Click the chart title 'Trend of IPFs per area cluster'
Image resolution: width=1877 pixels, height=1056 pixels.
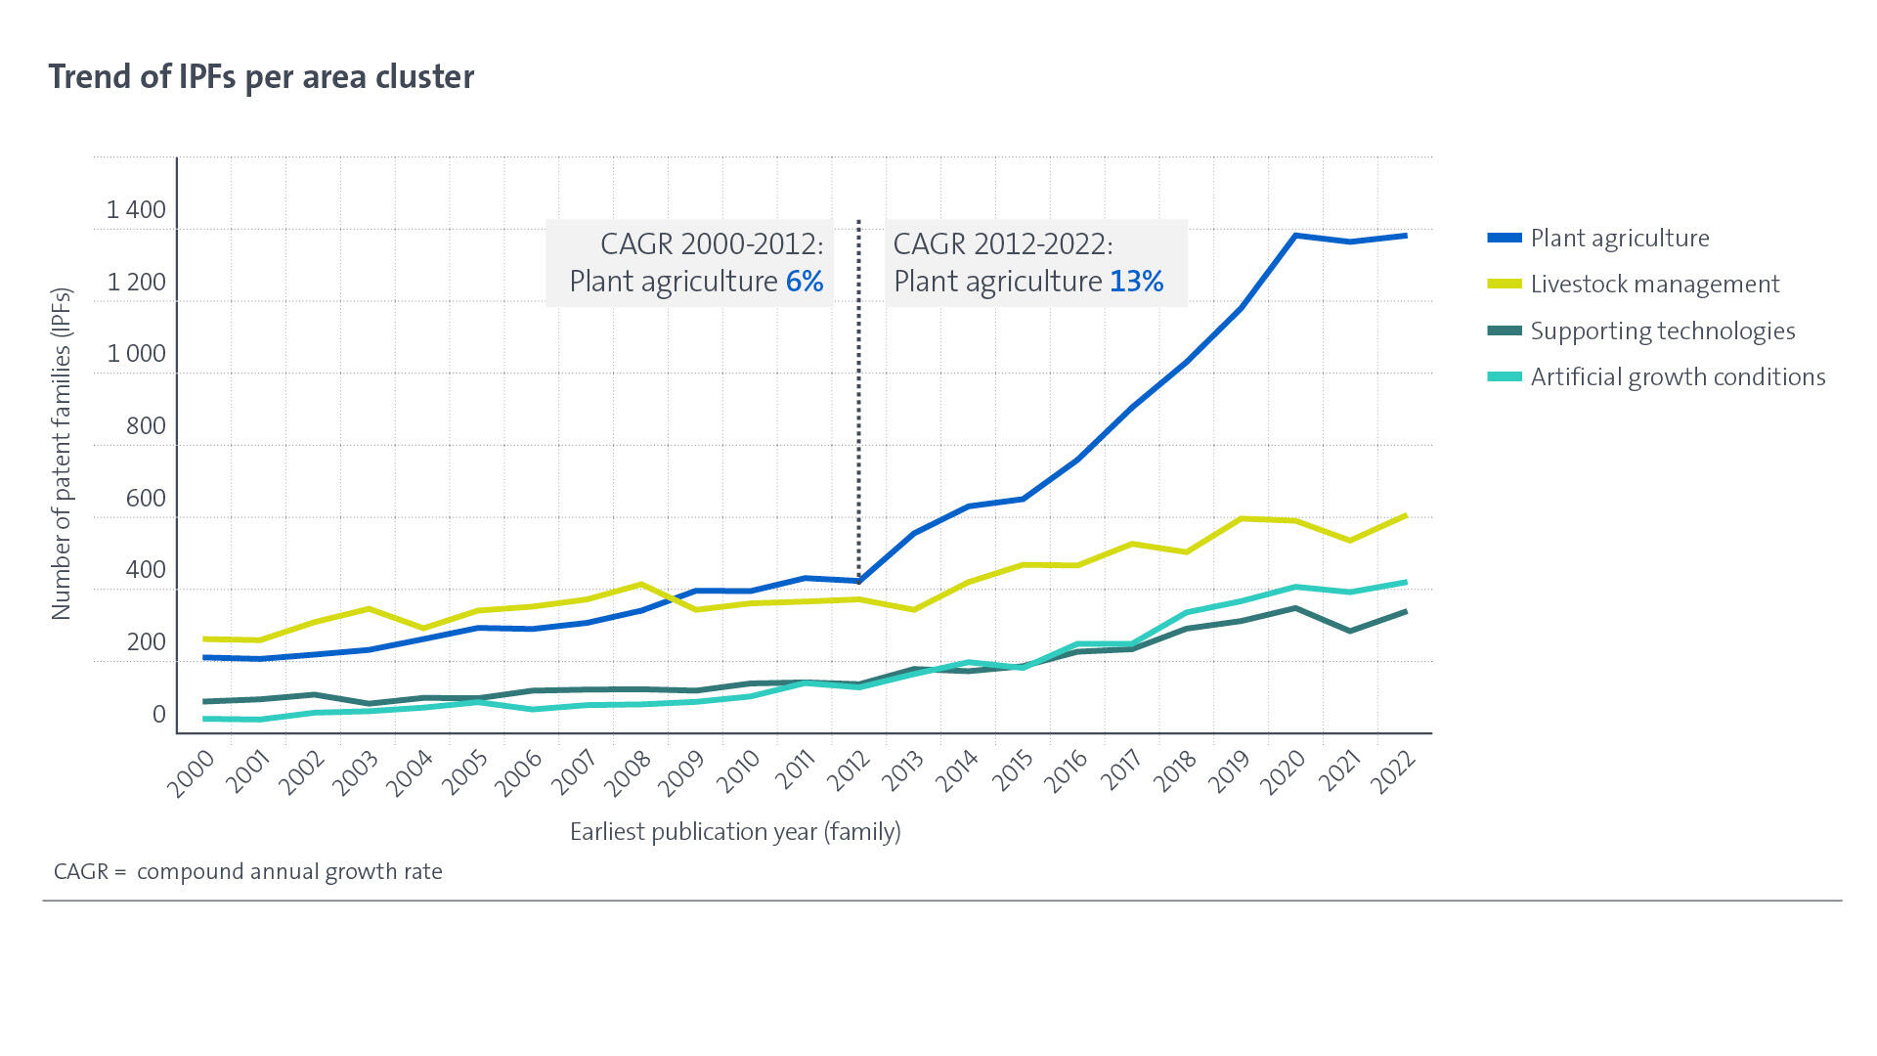261,76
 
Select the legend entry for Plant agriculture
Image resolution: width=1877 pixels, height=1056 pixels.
1619,239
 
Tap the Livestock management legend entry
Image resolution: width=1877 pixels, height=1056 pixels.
1654,285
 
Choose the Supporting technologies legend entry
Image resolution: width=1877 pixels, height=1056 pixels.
1662,331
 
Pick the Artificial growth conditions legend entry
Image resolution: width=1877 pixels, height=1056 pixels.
1677,377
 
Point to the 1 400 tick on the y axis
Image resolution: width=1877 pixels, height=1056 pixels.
136,210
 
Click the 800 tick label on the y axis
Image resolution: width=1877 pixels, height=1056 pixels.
146,426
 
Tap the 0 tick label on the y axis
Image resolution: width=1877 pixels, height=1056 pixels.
158,715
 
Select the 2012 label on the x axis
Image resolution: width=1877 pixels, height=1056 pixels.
850,773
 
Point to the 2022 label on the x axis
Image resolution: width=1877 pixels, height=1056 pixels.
1393,773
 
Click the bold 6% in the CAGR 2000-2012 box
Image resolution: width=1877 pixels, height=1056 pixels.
805,282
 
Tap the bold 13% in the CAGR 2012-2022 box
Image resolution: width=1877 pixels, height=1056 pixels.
1136,282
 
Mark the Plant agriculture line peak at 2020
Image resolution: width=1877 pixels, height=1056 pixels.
1295,236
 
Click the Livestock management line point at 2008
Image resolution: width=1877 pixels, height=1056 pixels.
641,585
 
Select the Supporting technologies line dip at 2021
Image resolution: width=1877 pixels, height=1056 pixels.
1350,631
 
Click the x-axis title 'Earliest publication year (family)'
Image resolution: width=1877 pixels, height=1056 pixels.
735,832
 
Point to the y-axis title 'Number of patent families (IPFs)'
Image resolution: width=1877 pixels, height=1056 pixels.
62,454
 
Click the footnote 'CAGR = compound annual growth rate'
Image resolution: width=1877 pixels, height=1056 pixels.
248,872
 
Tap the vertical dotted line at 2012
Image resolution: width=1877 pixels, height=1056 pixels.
859,411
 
